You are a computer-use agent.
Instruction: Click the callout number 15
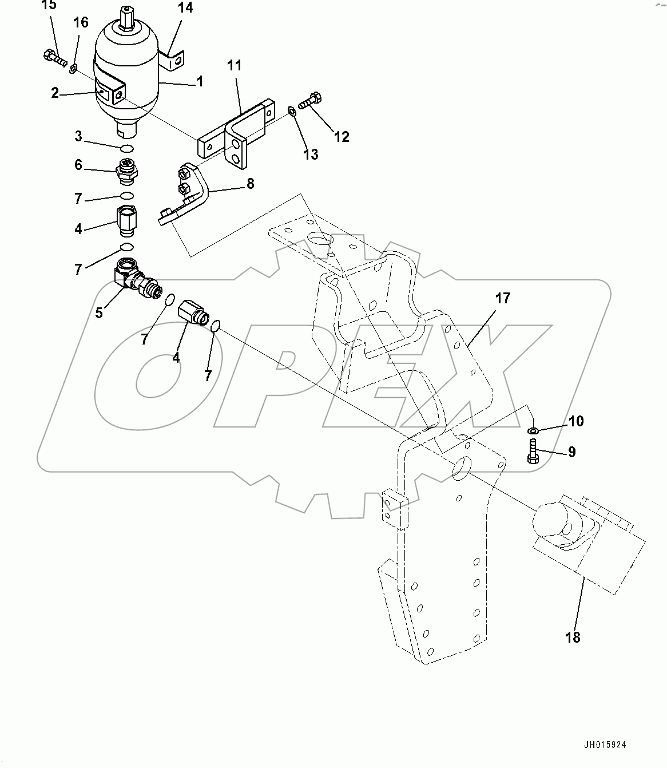point(50,5)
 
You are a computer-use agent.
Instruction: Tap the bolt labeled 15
point(55,58)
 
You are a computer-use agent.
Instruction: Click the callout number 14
point(185,8)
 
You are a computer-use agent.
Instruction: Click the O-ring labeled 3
point(128,149)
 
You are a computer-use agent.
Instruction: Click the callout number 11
point(235,66)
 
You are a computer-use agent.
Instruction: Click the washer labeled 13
point(292,110)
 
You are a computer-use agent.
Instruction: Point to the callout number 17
point(503,298)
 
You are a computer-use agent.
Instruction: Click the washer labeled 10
point(533,430)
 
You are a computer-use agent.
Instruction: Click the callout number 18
point(573,637)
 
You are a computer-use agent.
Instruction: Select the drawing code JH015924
point(605,745)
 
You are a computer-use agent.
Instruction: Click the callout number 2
point(55,93)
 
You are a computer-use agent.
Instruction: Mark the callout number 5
point(99,313)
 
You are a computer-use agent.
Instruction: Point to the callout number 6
point(78,165)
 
